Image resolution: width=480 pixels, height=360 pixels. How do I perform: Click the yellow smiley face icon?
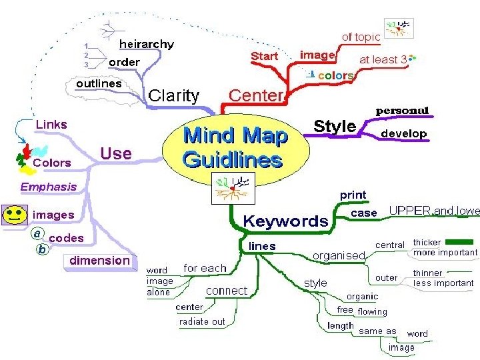(x=13, y=215)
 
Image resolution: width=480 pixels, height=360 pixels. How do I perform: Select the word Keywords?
(x=285, y=221)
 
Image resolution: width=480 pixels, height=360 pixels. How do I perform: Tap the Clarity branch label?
(x=173, y=95)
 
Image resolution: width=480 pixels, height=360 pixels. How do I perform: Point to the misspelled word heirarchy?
(x=146, y=45)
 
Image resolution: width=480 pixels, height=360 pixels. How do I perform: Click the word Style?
(x=335, y=126)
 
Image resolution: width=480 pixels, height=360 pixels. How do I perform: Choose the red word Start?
(x=265, y=56)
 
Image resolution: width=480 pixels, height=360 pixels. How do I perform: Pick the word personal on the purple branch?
(x=403, y=110)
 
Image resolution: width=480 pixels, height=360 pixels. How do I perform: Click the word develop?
(x=403, y=133)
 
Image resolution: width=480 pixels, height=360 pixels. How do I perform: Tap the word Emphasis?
(x=48, y=187)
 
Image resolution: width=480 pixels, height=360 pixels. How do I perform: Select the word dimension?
(x=100, y=260)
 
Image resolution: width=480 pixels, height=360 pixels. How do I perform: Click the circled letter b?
(x=41, y=250)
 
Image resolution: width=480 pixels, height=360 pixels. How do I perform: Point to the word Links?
(x=51, y=125)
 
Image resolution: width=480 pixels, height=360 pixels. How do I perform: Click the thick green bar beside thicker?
(x=459, y=242)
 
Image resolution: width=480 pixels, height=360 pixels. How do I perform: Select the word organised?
(x=339, y=255)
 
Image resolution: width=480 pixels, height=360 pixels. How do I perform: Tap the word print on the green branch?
(x=353, y=195)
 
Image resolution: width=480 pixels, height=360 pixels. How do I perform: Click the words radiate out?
(x=202, y=321)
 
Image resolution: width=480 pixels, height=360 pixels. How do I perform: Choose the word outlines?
(x=99, y=84)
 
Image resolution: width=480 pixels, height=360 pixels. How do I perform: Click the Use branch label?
(x=116, y=153)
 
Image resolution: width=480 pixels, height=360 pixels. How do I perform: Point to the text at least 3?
(x=383, y=59)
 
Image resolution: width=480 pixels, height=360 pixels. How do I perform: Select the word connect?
(x=226, y=291)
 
